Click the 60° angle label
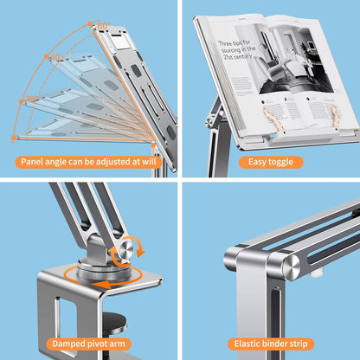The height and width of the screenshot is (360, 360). pos(103,27)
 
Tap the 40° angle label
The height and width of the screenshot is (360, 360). pos(57,59)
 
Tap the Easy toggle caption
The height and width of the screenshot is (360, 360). pos(271,162)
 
